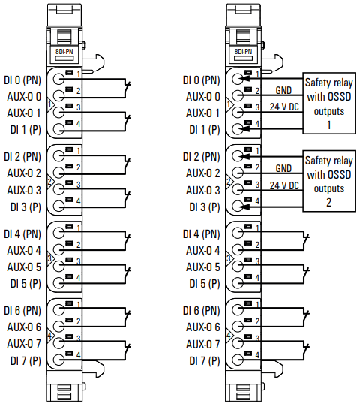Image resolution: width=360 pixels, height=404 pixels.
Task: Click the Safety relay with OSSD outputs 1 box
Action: [329, 103]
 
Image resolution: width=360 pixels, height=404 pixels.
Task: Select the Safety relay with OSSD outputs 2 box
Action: [329, 181]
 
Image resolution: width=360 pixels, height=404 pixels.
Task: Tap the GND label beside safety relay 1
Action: [283, 90]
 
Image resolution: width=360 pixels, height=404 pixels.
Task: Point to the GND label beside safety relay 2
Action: [283, 168]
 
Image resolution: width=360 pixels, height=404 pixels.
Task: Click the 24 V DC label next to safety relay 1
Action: [284, 107]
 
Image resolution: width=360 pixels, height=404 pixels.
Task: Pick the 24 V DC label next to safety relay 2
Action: [284, 185]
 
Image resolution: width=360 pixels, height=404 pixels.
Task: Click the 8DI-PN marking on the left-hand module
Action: [64, 52]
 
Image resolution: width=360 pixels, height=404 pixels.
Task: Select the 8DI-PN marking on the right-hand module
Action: [243, 52]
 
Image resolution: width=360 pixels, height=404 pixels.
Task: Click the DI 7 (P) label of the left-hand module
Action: [25, 360]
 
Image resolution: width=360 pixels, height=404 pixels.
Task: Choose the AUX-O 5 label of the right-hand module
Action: [203, 267]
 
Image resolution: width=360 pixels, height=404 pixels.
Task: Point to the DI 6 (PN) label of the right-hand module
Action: [202, 311]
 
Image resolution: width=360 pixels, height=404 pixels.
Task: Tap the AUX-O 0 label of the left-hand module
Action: [24, 97]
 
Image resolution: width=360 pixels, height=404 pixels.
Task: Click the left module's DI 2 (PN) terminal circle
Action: [58, 155]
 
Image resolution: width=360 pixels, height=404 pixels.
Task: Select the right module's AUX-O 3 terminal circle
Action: [238, 189]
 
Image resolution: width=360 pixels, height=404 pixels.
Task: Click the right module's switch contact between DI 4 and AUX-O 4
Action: [306, 241]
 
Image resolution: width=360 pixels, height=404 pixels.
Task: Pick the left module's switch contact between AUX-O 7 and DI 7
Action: [127, 351]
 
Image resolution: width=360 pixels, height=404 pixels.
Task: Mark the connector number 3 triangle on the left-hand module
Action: [50, 258]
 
